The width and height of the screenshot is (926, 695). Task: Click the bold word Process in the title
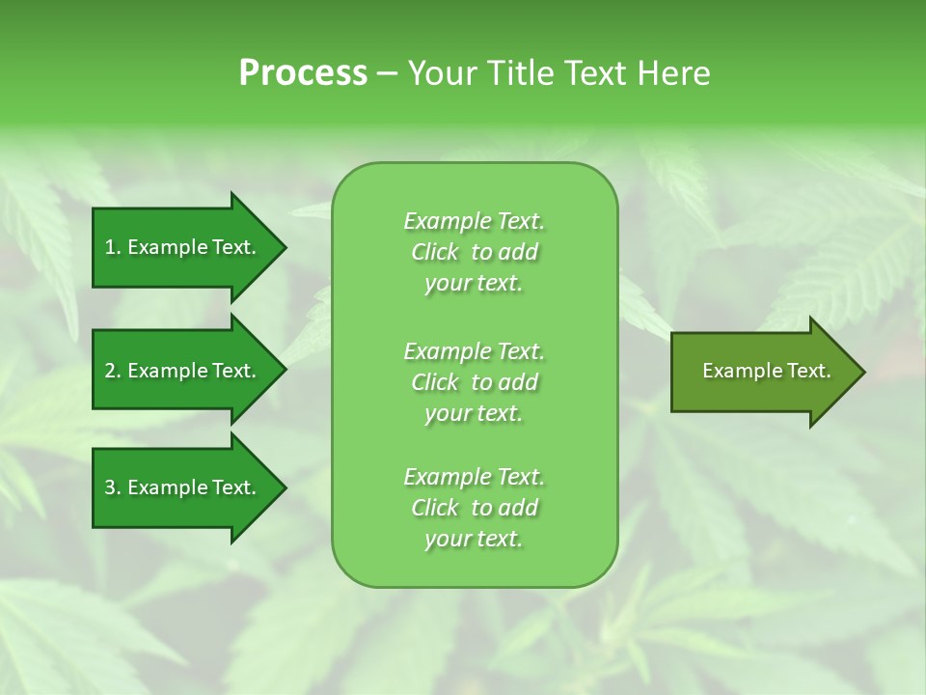point(303,73)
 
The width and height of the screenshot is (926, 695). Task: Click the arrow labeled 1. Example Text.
point(183,247)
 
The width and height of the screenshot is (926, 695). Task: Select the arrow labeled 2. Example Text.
point(183,371)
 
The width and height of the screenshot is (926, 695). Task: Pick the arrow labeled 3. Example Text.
point(183,487)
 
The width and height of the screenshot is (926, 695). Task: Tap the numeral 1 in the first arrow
point(109,247)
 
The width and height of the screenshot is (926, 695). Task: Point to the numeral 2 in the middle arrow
point(110,371)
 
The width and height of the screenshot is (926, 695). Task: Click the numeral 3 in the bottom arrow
point(110,487)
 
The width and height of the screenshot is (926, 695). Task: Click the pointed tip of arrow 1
point(283,247)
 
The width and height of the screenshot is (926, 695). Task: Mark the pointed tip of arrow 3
point(283,487)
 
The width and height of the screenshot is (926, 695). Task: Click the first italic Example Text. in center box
point(474,221)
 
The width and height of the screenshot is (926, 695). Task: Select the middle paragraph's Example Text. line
point(474,350)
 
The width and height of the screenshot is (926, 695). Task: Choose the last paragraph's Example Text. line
point(474,477)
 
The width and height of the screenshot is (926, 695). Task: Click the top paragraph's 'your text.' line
point(474,284)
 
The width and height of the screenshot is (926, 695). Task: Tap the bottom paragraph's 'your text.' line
point(474,539)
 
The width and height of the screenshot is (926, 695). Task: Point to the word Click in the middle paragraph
point(435,382)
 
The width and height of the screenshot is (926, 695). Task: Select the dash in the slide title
point(387,74)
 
